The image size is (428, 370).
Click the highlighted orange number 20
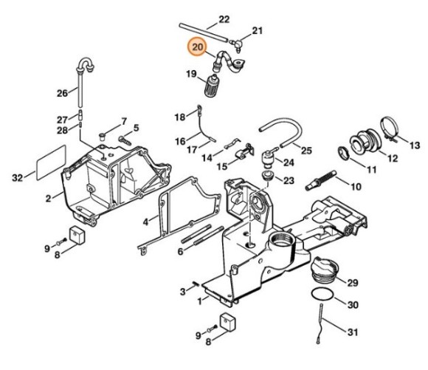[x=197, y=47]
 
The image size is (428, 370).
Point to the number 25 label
[x=306, y=150]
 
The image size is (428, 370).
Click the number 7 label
[x=123, y=121]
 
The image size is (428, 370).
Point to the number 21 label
[x=257, y=30]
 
